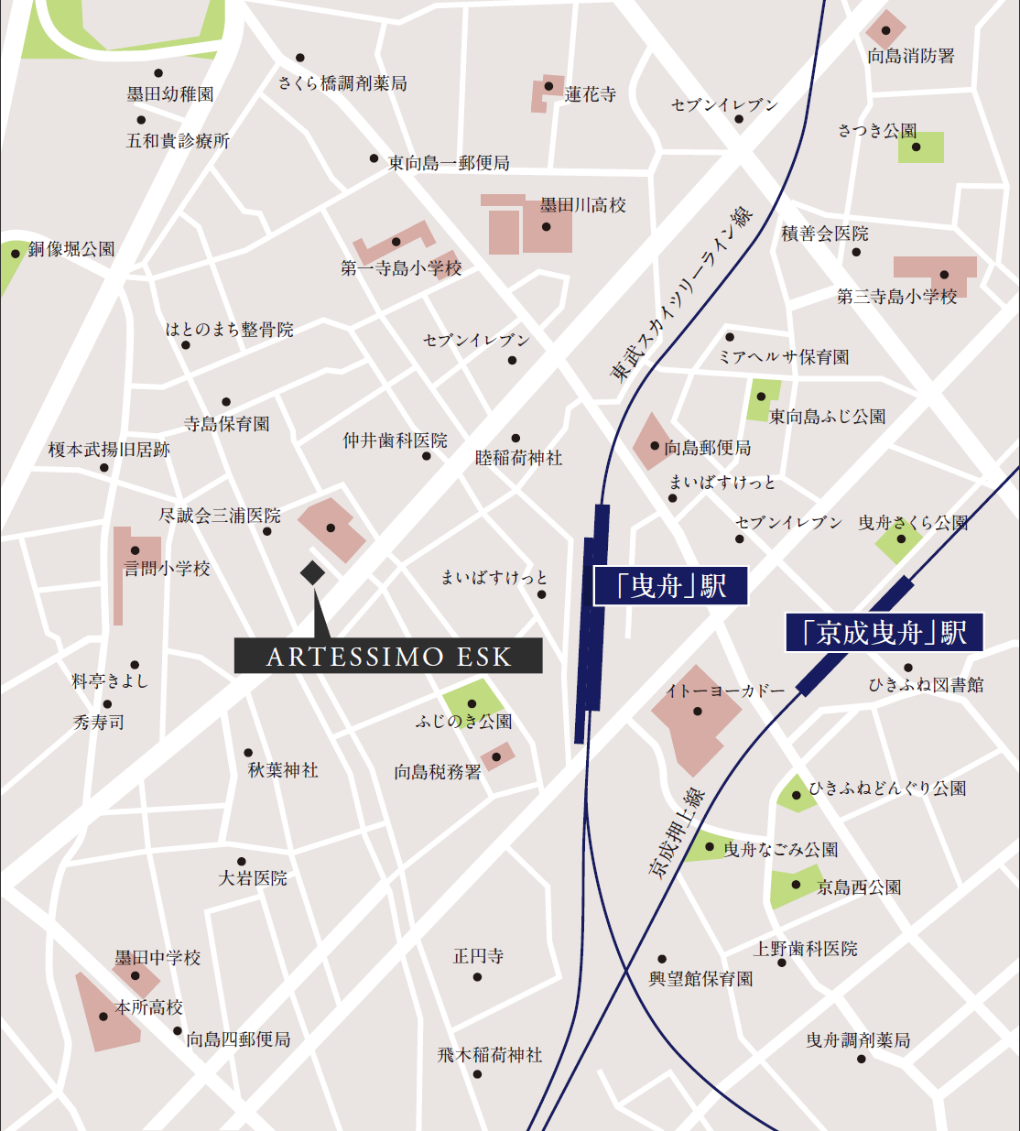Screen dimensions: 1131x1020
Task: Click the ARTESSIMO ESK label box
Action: [388, 656]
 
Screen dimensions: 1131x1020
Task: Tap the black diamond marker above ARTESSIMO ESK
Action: [312, 572]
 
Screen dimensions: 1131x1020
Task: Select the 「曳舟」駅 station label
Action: [671, 586]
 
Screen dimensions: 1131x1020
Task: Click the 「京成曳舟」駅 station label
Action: [884, 633]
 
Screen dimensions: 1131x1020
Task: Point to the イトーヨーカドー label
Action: [725, 691]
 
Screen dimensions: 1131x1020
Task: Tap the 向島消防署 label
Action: [910, 56]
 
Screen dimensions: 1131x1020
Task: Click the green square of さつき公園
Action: [921, 147]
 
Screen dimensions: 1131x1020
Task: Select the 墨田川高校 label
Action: [583, 205]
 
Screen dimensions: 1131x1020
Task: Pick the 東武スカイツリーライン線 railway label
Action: [681, 295]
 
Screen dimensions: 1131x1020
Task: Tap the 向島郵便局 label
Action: [708, 447]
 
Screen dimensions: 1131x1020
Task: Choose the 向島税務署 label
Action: [438, 772]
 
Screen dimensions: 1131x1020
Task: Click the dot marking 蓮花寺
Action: [548, 87]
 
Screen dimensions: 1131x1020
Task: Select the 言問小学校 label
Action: [168, 569]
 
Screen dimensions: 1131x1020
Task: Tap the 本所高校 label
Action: [149, 1007]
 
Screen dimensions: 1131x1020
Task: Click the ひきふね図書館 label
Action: [926, 685]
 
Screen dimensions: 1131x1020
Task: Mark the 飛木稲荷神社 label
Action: [490, 1055]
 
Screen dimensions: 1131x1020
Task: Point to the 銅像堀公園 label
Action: [71, 249]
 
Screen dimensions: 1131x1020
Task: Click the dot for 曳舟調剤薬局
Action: [862, 1060]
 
